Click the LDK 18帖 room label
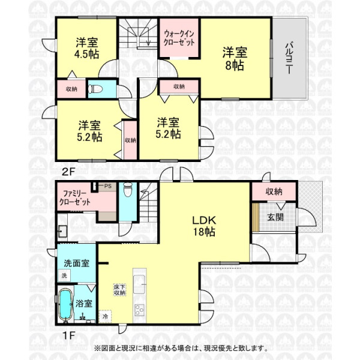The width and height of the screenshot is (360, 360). (x=204, y=226)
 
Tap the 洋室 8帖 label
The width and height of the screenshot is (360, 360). (x=235, y=59)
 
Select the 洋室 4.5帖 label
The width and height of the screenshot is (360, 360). (x=87, y=49)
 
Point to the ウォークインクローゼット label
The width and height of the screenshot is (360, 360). (x=179, y=38)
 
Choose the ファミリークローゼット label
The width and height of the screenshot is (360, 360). (x=74, y=198)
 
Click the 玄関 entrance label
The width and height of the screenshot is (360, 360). (x=275, y=217)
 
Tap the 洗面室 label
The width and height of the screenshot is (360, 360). (x=76, y=263)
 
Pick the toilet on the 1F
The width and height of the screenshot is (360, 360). (x=128, y=190)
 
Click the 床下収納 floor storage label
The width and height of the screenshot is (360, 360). (x=120, y=290)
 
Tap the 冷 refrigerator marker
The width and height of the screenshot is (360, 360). (x=105, y=316)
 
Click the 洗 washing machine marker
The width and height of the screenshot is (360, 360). (x=64, y=275)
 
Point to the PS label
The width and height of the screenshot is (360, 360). (x=108, y=186)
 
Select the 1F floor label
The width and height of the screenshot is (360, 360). (x=69, y=335)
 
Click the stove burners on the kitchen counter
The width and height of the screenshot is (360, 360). (x=139, y=310)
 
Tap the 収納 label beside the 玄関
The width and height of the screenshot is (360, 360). (x=274, y=191)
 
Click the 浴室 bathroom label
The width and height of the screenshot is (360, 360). (x=84, y=304)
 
